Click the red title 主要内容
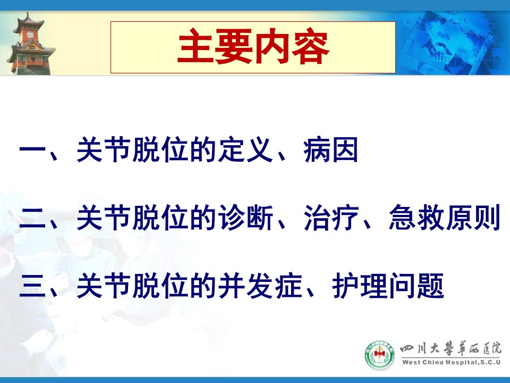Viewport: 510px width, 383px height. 253,47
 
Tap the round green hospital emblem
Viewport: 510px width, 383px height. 379,355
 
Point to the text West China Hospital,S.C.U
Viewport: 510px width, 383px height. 451,362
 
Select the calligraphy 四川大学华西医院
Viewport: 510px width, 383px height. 451,349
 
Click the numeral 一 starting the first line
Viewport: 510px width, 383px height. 32,150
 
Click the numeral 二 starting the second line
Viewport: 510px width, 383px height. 32,218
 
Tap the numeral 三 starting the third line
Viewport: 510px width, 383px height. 32,286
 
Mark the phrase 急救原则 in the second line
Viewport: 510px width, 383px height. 444,218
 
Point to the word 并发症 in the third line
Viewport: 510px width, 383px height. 260,286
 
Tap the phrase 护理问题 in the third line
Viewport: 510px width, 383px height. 388,286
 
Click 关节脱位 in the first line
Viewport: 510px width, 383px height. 132,150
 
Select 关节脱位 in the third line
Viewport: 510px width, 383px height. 132,286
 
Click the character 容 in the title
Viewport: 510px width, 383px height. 311,47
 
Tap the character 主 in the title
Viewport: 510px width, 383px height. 196,47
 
